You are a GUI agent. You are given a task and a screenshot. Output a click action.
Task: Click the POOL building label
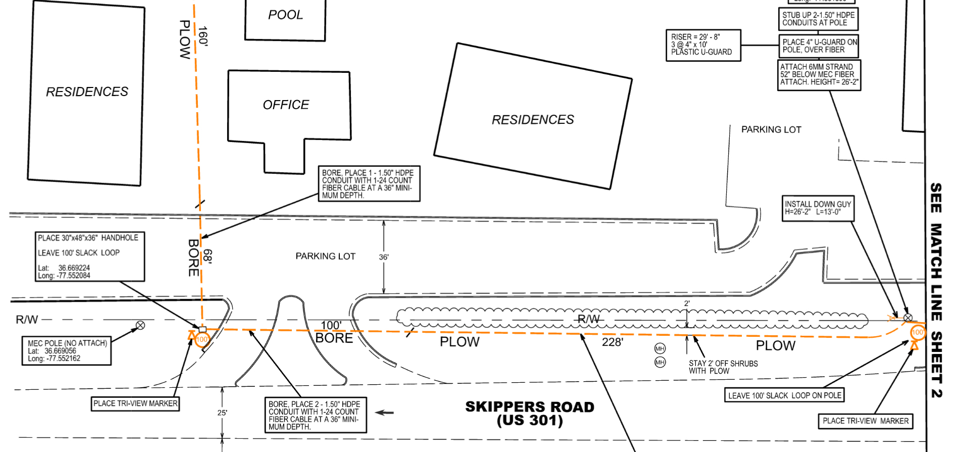click(x=285, y=15)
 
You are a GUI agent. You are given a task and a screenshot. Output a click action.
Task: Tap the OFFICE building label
click(x=286, y=105)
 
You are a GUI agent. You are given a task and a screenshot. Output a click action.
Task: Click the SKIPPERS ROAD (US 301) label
click(x=529, y=414)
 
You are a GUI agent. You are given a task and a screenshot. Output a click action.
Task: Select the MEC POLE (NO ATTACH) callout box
click(x=66, y=350)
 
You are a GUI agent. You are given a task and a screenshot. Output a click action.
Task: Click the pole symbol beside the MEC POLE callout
click(x=141, y=325)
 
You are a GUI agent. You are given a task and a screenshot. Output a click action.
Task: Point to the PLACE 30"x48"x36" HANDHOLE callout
click(x=90, y=256)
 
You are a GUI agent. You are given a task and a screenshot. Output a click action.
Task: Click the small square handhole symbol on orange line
click(x=202, y=329)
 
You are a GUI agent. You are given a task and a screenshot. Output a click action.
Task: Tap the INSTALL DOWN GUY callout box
click(x=818, y=208)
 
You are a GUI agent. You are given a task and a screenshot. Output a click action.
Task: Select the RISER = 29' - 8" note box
click(x=703, y=45)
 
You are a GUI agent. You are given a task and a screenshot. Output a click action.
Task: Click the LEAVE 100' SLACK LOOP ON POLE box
click(x=784, y=395)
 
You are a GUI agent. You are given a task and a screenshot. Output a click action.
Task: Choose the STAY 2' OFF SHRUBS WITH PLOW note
click(x=723, y=367)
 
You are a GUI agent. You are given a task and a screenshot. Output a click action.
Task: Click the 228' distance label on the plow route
click(x=612, y=342)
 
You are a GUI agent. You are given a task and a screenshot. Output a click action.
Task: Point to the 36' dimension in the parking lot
click(x=384, y=257)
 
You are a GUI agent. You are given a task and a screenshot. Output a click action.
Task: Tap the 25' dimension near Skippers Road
click(x=222, y=413)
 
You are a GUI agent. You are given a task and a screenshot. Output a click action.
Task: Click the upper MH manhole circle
click(x=660, y=348)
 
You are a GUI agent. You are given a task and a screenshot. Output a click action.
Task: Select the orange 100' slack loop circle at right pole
click(x=917, y=332)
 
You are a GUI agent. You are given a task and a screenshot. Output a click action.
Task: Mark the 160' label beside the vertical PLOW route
click(x=203, y=36)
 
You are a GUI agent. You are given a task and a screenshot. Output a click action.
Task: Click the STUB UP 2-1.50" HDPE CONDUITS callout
click(x=818, y=19)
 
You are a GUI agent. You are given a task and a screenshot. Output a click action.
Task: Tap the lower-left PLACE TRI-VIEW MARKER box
click(x=136, y=403)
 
